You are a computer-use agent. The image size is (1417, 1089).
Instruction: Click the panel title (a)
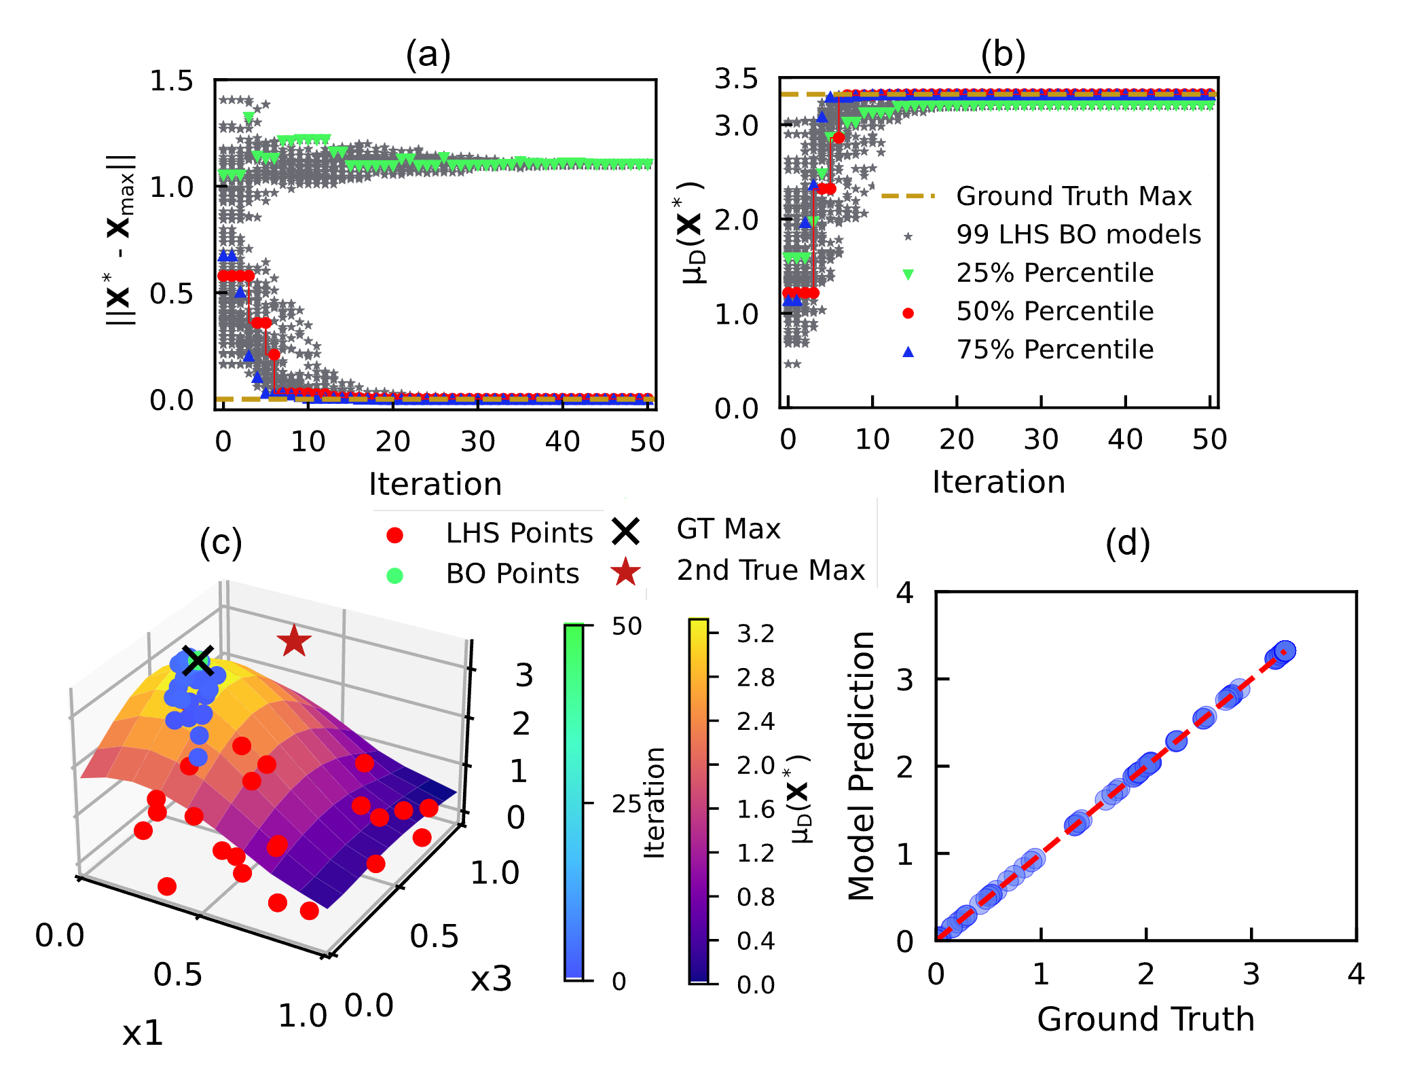[428, 54]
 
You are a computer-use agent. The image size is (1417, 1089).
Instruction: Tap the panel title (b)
[1003, 54]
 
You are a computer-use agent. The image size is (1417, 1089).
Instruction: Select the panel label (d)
[1128, 543]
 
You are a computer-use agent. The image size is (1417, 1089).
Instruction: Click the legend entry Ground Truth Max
[1073, 196]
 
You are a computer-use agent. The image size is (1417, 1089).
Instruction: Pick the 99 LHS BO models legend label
[1078, 235]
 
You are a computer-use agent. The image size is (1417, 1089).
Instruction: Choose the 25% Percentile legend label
[1054, 273]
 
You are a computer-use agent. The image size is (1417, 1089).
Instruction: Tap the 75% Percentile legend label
[1054, 350]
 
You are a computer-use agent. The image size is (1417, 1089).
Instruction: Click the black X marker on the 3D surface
[198, 661]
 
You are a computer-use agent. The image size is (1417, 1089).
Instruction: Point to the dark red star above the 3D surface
[294, 641]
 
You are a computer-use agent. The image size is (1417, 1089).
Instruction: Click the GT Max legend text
[729, 529]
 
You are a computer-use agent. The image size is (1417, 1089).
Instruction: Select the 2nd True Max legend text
[771, 570]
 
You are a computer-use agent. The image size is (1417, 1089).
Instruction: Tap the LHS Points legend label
[519, 534]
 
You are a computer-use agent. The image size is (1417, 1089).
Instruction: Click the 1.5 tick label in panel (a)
[171, 81]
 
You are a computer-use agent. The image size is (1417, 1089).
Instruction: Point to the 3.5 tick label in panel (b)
[736, 79]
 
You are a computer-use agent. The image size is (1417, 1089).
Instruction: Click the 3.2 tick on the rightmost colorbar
[756, 634]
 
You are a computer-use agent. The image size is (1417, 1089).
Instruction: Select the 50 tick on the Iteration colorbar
[626, 627]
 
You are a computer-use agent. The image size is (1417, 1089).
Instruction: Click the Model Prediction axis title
[862, 765]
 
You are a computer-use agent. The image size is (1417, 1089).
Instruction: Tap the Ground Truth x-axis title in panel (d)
[1145, 1019]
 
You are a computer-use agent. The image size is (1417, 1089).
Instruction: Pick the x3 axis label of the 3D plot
[491, 980]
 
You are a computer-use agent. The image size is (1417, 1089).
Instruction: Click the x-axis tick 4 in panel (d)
[1356, 975]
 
